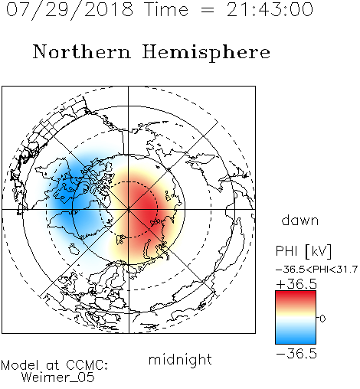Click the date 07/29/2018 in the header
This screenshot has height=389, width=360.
(x=70, y=9)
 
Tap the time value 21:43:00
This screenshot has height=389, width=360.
(x=270, y=9)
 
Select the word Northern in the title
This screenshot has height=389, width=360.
(x=82, y=51)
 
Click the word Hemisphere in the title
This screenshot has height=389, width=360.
(x=206, y=52)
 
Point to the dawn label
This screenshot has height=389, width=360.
(x=300, y=220)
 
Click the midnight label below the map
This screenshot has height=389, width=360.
(x=180, y=359)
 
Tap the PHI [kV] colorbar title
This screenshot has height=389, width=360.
(x=303, y=251)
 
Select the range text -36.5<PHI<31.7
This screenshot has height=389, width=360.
(x=316, y=270)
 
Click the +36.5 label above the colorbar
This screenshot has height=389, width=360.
(x=296, y=284)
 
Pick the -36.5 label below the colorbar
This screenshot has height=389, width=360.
(x=296, y=354)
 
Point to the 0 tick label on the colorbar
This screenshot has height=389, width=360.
(x=322, y=319)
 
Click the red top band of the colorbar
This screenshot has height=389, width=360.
(x=296, y=296)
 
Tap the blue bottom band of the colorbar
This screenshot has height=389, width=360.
(x=296, y=338)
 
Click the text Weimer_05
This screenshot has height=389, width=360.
(x=58, y=378)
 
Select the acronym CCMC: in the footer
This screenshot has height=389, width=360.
(x=87, y=365)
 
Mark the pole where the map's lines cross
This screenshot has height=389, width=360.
(x=129, y=209)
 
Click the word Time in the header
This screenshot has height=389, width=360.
(x=166, y=9)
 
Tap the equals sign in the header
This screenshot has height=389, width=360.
(x=207, y=10)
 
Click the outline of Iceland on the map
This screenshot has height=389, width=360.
(x=74, y=249)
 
